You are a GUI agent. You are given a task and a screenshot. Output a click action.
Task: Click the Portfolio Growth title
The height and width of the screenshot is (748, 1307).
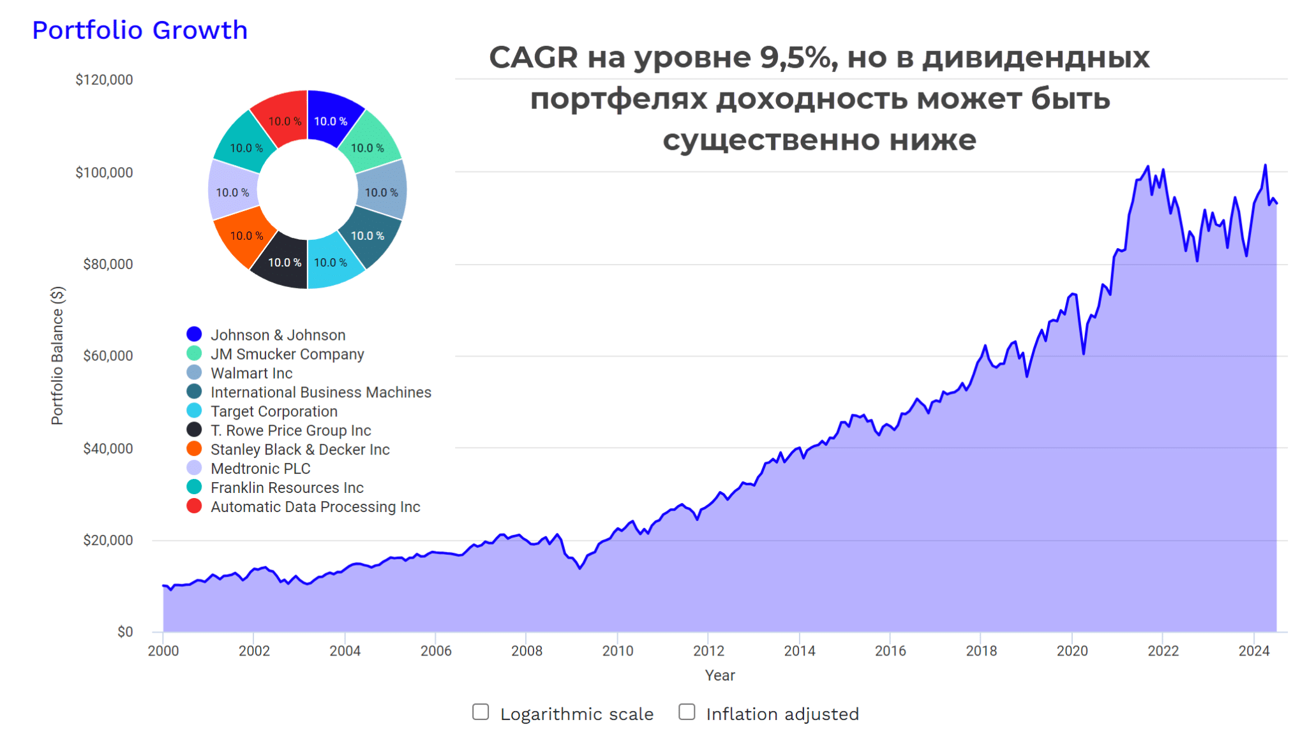(140, 30)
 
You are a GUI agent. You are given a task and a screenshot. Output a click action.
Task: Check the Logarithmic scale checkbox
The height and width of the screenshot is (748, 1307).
(481, 712)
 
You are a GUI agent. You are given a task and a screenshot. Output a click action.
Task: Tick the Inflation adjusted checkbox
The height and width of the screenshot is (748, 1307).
(687, 712)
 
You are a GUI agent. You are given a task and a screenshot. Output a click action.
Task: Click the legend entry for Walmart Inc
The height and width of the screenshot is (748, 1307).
(251, 373)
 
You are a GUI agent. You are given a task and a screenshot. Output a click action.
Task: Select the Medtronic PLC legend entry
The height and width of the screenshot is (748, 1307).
(260, 469)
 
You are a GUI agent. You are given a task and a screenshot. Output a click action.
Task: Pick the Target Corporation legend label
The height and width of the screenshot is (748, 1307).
(274, 411)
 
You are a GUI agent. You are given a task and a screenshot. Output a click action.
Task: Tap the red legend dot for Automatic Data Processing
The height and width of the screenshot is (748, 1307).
(194, 506)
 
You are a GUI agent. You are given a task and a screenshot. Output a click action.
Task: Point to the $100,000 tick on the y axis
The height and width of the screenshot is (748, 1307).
(104, 172)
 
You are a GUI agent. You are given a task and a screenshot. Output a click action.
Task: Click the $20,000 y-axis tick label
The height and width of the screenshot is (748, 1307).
(108, 540)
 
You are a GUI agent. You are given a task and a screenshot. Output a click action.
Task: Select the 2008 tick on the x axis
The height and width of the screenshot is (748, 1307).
(527, 650)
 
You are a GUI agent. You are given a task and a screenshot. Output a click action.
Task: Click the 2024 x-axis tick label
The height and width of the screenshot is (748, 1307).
(1254, 650)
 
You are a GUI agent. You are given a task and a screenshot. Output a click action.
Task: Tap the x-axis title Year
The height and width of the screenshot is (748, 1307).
(720, 675)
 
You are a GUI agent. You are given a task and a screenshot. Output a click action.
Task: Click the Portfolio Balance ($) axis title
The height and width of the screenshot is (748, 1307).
(57, 355)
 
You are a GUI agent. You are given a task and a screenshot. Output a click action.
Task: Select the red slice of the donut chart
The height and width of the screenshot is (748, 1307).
(281, 118)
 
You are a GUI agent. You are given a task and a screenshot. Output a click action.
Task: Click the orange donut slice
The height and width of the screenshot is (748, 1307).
(243, 239)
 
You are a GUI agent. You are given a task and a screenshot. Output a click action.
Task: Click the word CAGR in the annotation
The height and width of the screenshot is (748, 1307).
(534, 57)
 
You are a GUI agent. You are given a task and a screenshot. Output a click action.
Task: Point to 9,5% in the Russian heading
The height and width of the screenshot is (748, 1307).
(798, 57)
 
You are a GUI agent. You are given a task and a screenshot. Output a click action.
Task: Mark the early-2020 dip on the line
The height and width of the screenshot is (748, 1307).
(1084, 353)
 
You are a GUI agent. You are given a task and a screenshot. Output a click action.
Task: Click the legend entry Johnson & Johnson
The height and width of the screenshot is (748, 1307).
(278, 335)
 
